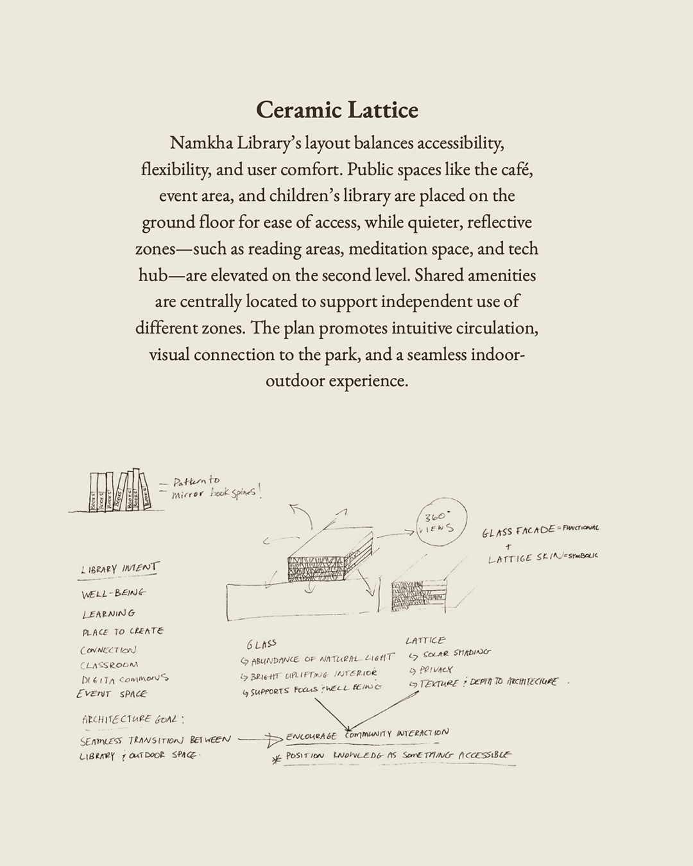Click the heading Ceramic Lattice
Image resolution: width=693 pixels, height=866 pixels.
(x=337, y=110)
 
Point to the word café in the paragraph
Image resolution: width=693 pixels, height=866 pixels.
(x=517, y=169)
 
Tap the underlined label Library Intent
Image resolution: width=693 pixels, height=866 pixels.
(x=119, y=569)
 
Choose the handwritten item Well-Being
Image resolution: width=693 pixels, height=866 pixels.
(x=114, y=593)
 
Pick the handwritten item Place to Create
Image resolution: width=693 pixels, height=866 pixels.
(x=123, y=631)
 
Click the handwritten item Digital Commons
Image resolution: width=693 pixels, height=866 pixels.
(x=124, y=679)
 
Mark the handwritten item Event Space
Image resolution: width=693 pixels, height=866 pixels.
(x=112, y=693)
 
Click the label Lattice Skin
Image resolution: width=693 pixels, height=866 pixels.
(x=524, y=558)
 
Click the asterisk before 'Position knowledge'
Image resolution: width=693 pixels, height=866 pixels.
(x=277, y=760)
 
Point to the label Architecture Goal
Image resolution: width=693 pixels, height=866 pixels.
(x=133, y=719)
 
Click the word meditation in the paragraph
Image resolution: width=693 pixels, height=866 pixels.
(x=410, y=248)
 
